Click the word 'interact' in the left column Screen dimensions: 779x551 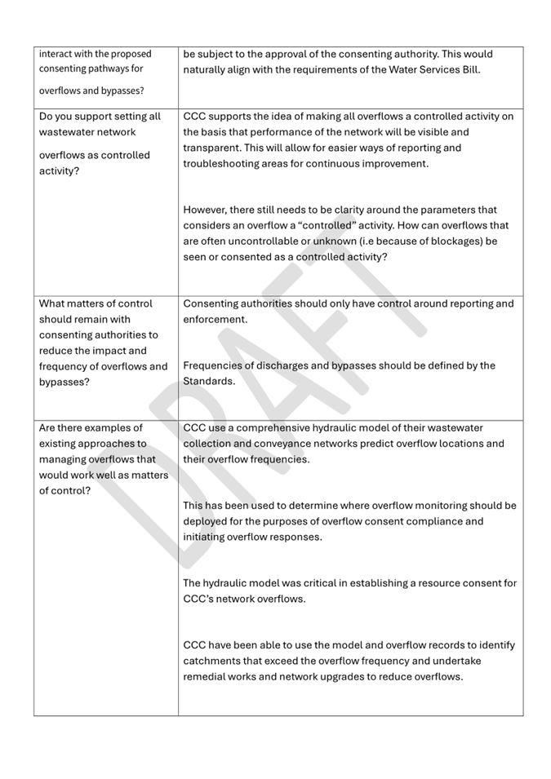point(57,54)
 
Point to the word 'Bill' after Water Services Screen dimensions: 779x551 point(469,69)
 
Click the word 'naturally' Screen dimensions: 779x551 point(207,69)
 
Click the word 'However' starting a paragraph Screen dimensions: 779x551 point(207,210)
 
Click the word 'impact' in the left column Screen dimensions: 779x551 point(105,351)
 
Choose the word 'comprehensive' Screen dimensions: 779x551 point(273,427)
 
